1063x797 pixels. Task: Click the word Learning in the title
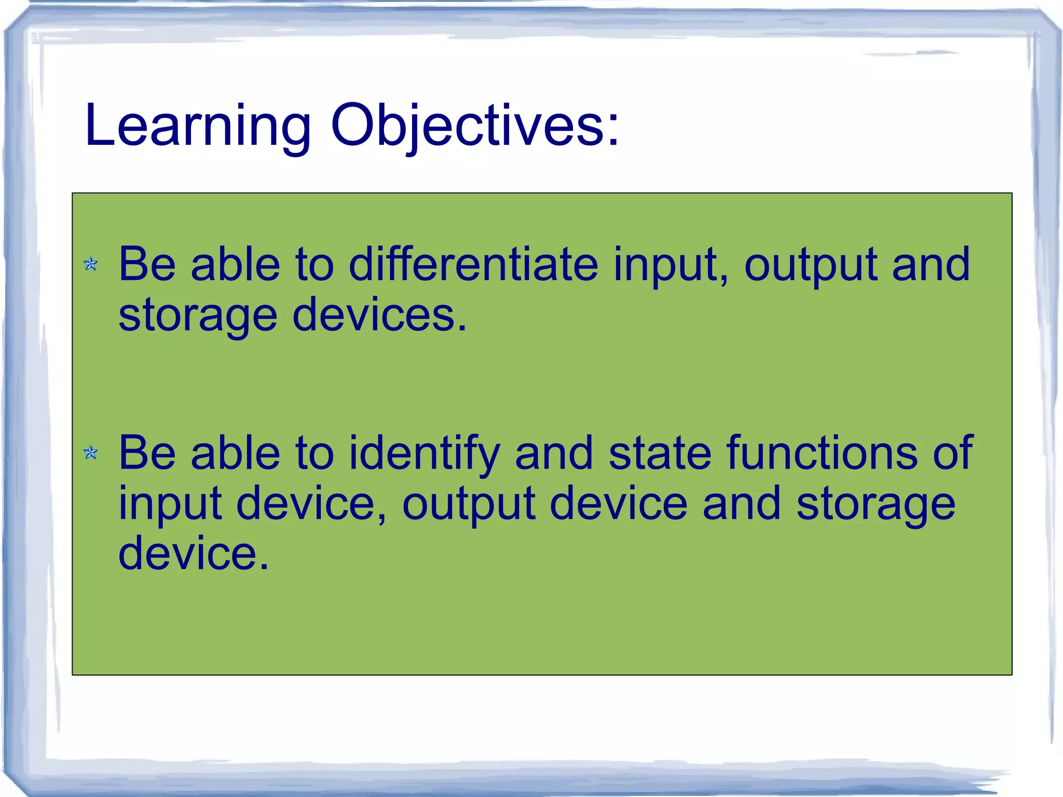point(197,126)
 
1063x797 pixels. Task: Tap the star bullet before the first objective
point(91,264)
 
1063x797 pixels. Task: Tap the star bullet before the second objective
point(91,453)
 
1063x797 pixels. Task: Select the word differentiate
point(472,264)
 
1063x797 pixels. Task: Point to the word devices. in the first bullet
point(379,315)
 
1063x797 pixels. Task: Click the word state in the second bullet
point(660,453)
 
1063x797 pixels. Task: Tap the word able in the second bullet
point(236,453)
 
